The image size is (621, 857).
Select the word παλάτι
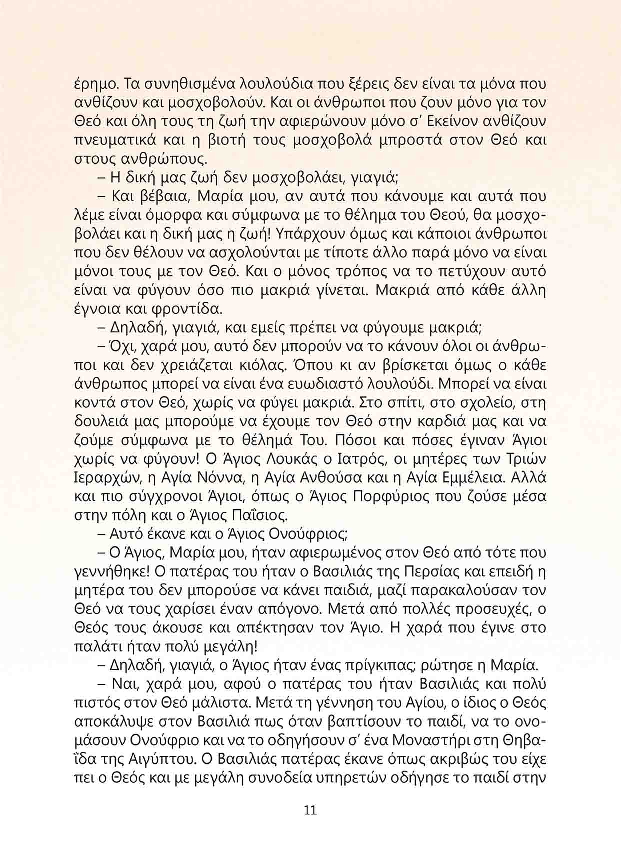94,647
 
